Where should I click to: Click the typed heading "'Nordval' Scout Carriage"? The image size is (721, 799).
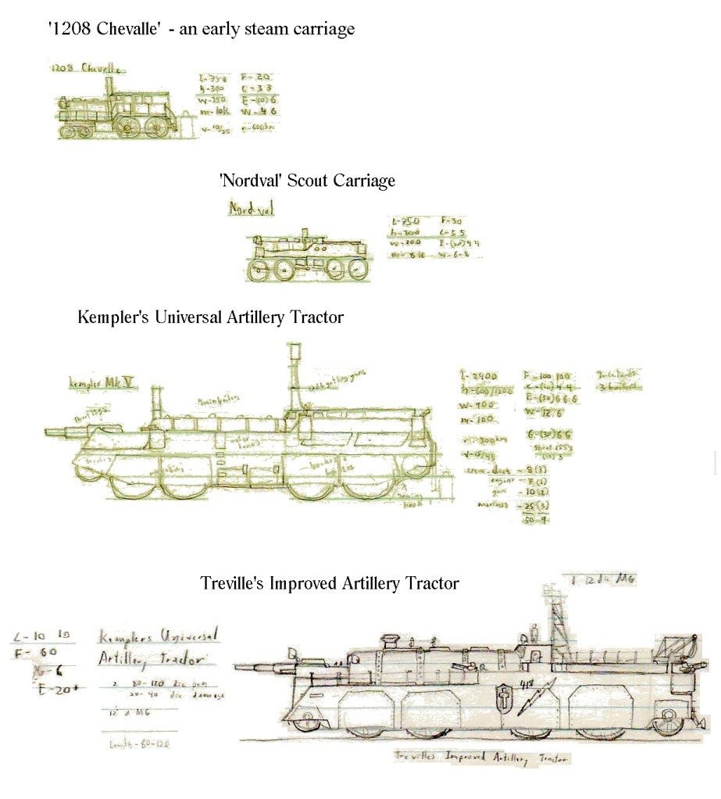[x=307, y=181]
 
